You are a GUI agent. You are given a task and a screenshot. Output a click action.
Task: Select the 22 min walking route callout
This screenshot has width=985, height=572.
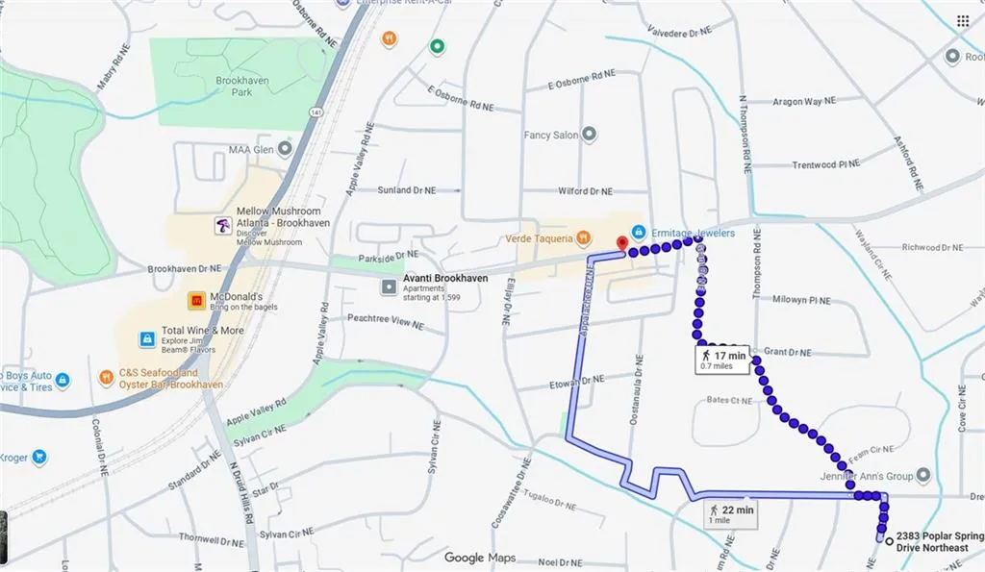[730, 513]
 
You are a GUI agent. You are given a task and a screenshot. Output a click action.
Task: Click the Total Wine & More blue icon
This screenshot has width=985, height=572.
[147, 338]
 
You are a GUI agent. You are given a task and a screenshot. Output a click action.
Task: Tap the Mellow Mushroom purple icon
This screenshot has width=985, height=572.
[223, 226]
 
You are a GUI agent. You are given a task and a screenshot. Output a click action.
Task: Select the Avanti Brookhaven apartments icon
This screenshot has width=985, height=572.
[387, 286]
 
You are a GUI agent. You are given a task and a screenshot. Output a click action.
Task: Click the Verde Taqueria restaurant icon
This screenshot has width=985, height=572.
[583, 237]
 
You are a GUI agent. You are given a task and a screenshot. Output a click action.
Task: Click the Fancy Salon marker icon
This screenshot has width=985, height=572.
[590, 135]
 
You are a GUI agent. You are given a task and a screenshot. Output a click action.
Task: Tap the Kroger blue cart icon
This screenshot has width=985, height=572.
[39, 457]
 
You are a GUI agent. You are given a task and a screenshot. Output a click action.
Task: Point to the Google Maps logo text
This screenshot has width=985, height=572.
[479, 558]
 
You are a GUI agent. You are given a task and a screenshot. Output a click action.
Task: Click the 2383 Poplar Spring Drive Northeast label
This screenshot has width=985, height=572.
[939, 541]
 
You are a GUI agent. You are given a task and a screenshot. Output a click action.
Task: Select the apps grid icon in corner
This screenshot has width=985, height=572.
[963, 20]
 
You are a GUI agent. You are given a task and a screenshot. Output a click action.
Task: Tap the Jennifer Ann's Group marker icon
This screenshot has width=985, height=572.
[923, 475]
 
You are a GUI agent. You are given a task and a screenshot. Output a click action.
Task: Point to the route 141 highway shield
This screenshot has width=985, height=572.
[315, 113]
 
